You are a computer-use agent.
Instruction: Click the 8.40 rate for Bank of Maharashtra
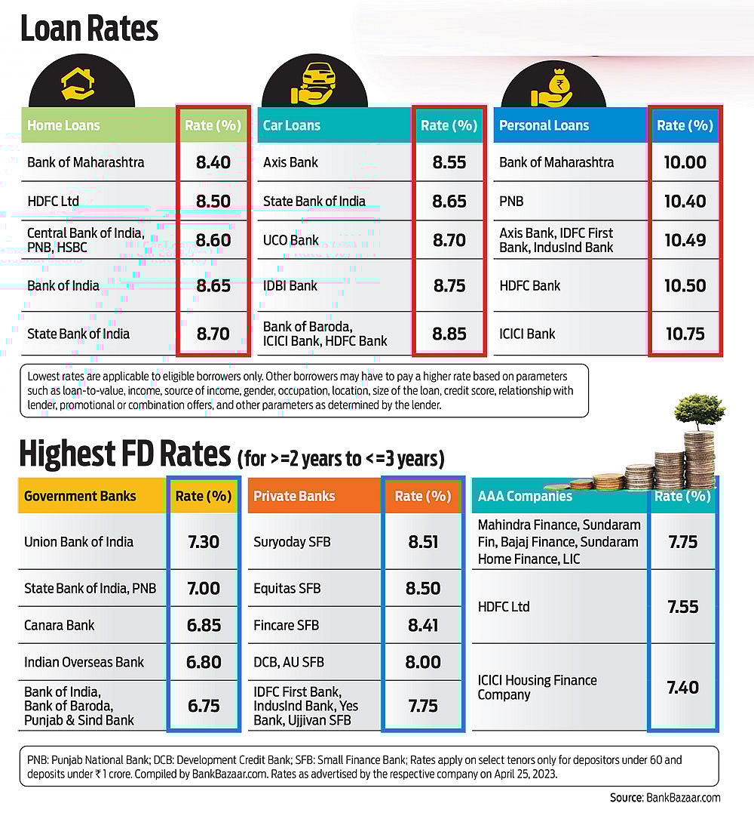(x=213, y=162)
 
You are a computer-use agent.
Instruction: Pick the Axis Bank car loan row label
(x=291, y=162)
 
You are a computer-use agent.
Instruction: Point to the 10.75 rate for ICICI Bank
(x=685, y=334)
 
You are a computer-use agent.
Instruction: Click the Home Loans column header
(x=63, y=126)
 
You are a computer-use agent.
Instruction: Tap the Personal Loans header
(x=544, y=126)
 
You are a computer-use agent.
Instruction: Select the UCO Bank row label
(x=291, y=241)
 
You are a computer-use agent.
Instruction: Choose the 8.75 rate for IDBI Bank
(x=449, y=286)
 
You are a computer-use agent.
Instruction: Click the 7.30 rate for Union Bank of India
(x=204, y=542)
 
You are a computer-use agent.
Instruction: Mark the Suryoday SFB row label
(x=292, y=542)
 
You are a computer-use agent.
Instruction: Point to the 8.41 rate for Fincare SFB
(x=423, y=625)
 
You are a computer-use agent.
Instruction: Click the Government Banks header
(x=80, y=497)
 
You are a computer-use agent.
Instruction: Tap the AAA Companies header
(x=525, y=497)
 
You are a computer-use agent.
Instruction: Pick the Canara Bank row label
(x=60, y=625)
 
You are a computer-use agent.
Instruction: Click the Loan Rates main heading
(x=89, y=29)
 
